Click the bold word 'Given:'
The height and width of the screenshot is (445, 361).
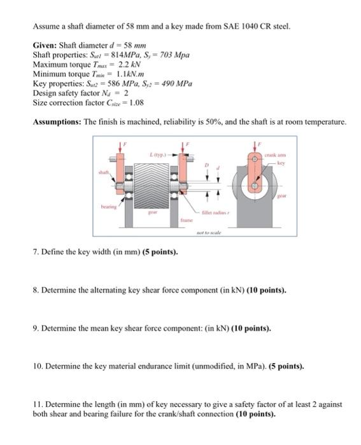(x=45, y=46)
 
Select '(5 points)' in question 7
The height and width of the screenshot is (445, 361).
(x=157, y=252)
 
